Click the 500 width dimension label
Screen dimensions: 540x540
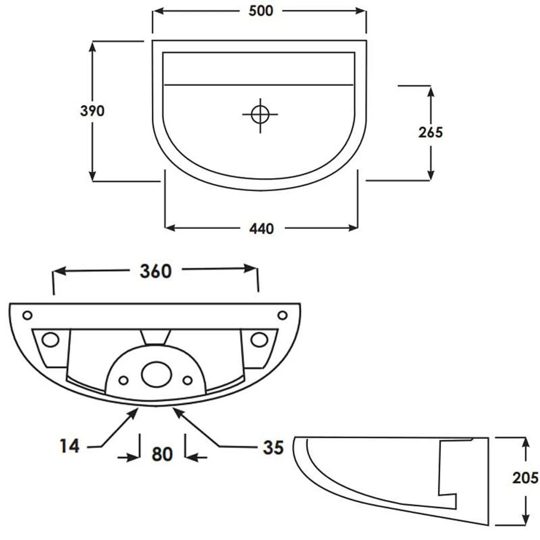click(x=261, y=11)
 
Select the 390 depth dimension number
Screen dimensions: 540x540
click(x=92, y=111)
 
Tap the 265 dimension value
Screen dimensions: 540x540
click(x=430, y=132)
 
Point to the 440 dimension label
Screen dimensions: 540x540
click(x=262, y=228)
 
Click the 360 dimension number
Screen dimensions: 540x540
click(x=156, y=272)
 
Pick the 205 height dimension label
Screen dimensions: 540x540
click(x=525, y=478)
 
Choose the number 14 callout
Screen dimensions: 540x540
click(x=70, y=447)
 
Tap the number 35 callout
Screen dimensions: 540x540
click(x=273, y=448)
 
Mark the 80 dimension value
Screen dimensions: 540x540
click(x=162, y=454)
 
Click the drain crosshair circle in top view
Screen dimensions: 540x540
click(x=260, y=114)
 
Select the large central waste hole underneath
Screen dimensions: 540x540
click(x=157, y=374)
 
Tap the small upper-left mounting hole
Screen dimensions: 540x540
click(x=27, y=315)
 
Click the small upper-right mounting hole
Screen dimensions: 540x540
click(x=282, y=315)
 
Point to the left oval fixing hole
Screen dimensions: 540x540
click(x=50, y=340)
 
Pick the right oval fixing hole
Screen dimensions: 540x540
click(x=259, y=340)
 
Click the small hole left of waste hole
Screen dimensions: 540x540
click(x=123, y=381)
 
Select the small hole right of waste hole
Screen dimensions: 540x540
click(x=187, y=381)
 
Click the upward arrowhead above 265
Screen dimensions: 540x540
click(x=431, y=91)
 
